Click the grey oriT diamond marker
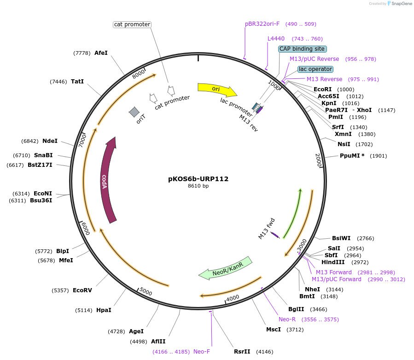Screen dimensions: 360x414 (134, 112)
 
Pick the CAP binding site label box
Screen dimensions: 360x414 (302, 49)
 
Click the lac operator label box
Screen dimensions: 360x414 (315, 69)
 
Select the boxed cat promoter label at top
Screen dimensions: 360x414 (133, 24)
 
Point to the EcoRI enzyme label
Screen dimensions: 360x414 (322, 89)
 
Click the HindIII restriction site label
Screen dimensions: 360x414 (333, 262)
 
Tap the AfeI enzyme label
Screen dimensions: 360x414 (101, 53)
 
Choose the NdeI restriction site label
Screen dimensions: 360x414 (50, 141)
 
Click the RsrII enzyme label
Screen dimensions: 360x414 (242, 352)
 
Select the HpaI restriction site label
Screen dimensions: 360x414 (104, 310)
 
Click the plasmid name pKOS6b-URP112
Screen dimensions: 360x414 (198, 179)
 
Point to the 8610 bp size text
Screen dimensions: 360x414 (198, 186)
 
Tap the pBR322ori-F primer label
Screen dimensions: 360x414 (262, 24)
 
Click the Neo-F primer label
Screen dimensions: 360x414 (202, 352)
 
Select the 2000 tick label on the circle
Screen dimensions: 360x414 (318, 160)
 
